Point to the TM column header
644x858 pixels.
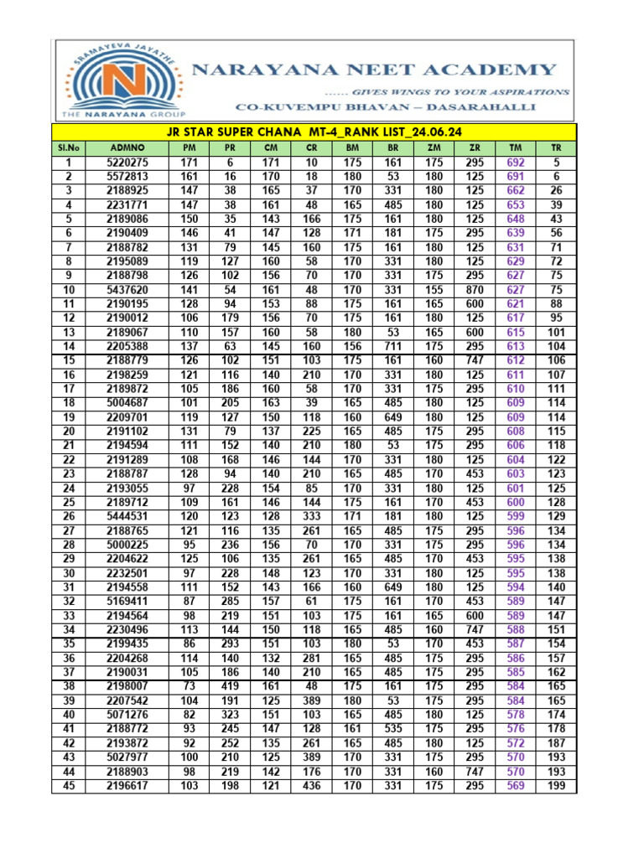pyautogui.click(x=515, y=147)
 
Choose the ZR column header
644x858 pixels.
pyautogui.click(x=475, y=147)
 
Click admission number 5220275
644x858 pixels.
pyautogui.click(x=127, y=163)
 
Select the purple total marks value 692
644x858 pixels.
pyautogui.click(x=516, y=163)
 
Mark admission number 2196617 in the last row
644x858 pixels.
pyautogui.click(x=127, y=786)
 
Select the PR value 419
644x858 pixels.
pyautogui.click(x=231, y=687)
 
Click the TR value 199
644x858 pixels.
pyautogui.click(x=556, y=786)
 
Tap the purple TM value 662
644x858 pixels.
pyautogui.click(x=516, y=191)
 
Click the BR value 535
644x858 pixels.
pyautogui.click(x=393, y=729)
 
